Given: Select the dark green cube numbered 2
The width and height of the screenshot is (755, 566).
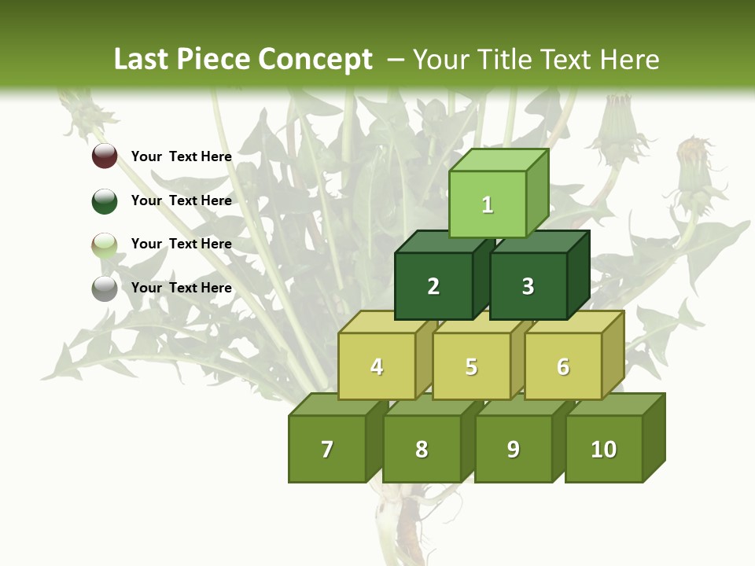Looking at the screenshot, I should (433, 286).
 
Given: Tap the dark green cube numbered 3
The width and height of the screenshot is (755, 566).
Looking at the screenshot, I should (528, 286).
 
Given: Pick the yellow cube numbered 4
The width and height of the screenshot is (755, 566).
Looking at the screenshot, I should (377, 366).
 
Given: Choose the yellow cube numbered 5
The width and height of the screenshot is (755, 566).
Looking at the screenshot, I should (471, 366).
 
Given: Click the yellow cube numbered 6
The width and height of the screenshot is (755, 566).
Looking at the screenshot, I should (563, 366).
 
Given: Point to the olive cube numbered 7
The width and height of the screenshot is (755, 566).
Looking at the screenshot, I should (327, 449).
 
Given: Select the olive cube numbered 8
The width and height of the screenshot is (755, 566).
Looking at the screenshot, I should (422, 449).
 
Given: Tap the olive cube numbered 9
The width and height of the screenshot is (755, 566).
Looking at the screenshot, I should (514, 449).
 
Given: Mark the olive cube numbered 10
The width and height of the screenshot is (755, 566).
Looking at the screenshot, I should (604, 449).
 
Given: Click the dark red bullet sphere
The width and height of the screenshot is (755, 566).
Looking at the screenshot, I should (105, 156).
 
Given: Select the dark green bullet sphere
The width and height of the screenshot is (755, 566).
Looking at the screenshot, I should (105, 200).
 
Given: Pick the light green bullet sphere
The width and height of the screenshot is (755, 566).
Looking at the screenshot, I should (105, 244).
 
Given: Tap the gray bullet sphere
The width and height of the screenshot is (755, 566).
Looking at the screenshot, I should (105, 288).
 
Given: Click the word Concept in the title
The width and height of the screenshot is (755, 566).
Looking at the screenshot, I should (315, 60).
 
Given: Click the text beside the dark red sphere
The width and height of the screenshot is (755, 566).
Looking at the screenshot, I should (182, 156).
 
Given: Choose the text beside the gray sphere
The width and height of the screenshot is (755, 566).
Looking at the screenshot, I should (182, 288).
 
